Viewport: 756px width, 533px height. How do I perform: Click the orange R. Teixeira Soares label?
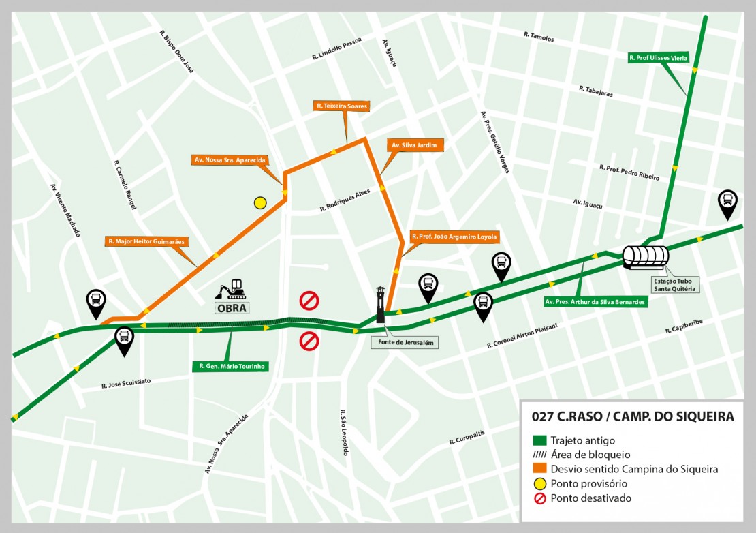(x=342, y=106)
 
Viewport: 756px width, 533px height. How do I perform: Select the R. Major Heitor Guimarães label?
(x=147, y=241)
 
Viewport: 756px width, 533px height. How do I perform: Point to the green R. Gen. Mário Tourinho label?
(x=231, y=366)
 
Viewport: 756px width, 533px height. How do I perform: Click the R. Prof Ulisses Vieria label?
(x=658, y=59)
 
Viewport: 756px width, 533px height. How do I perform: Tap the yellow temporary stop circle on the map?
(x=260, y=202)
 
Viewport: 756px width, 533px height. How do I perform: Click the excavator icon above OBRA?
(x=232, y=290)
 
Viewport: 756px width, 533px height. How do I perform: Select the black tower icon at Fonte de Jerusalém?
(x=381, y=305)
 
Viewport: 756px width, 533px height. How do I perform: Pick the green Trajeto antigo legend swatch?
(x=539, y=440)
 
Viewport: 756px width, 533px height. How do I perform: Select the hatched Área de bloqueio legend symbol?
(x=539, y=455)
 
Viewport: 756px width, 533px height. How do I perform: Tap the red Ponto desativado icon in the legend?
(x=539, y=498)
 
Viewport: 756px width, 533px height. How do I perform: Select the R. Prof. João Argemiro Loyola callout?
(x=454, y=237)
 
